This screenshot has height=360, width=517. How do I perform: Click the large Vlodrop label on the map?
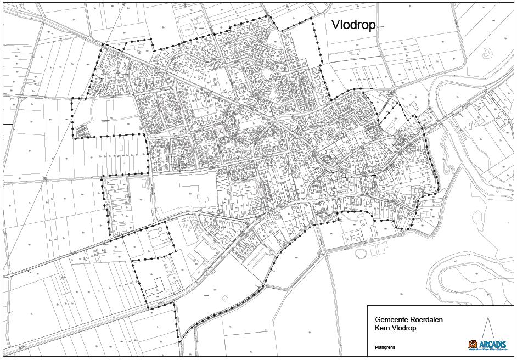click(353, 25)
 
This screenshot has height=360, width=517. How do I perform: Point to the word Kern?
click(382, 328)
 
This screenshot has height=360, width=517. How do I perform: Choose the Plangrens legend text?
click(385, 347)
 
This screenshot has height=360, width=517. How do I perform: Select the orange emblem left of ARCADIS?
click(472, 344)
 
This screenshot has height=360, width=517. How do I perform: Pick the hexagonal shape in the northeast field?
click(486, 53)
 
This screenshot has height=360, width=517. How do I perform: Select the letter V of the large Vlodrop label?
click(335, 25)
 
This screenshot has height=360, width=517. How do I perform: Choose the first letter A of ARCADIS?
click(481, 344)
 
